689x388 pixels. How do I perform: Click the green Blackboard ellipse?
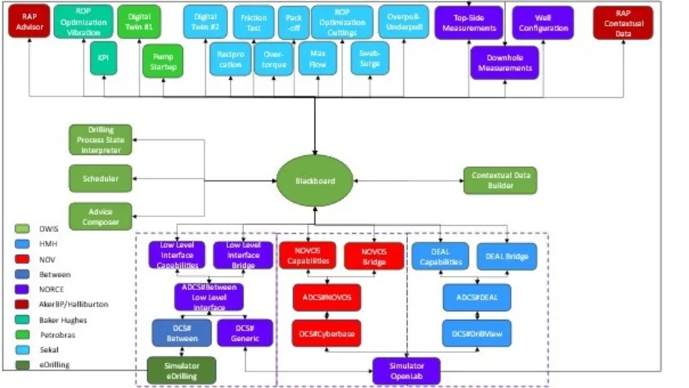[315, 180]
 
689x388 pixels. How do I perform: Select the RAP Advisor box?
[29, 22]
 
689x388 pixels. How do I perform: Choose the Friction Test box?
[254, 22]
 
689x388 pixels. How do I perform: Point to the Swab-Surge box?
[370, 59]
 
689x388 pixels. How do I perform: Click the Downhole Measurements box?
[505, 63]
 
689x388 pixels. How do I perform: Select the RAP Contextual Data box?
[622, 23]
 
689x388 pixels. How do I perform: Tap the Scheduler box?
[100, 179]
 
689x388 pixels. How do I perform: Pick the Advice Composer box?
[100, 216]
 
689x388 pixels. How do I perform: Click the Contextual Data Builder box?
[500, 180]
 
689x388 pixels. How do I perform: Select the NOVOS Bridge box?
[374, 256]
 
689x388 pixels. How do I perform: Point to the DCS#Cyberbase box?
[326, 333]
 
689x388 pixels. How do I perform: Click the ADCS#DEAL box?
[476, 297]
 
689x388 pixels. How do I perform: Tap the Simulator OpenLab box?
[406, 370]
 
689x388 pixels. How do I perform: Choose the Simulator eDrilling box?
[181, 370]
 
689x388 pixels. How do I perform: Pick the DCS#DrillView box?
[476, 333]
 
